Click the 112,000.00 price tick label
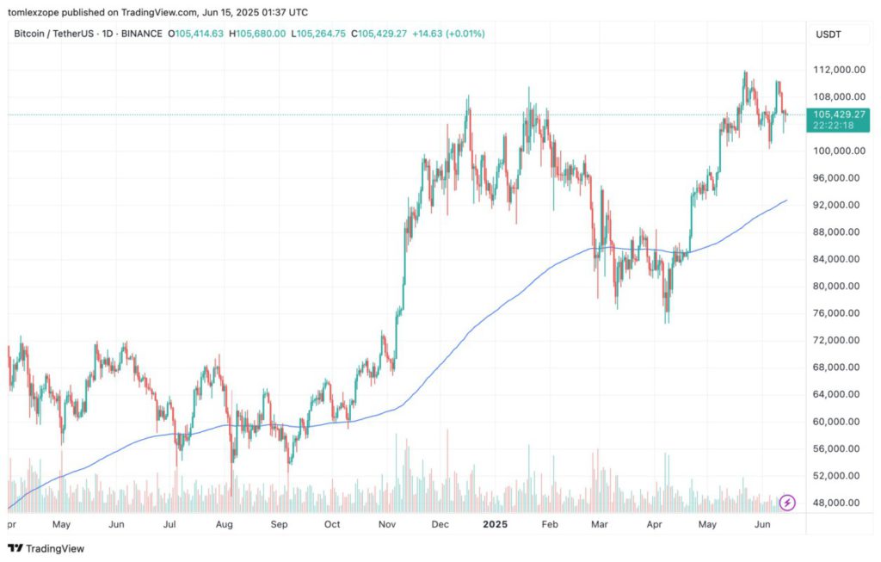[840, 69]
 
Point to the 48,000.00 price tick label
[839, 503]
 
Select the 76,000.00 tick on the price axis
[839, 313]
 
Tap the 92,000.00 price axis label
[839, 205]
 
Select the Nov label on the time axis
[387, 523]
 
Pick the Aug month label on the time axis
[225, 523]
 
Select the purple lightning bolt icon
[788, 503]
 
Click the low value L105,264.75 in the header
[319, 34]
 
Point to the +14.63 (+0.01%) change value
[448, 34]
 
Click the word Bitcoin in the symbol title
[31, 34]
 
